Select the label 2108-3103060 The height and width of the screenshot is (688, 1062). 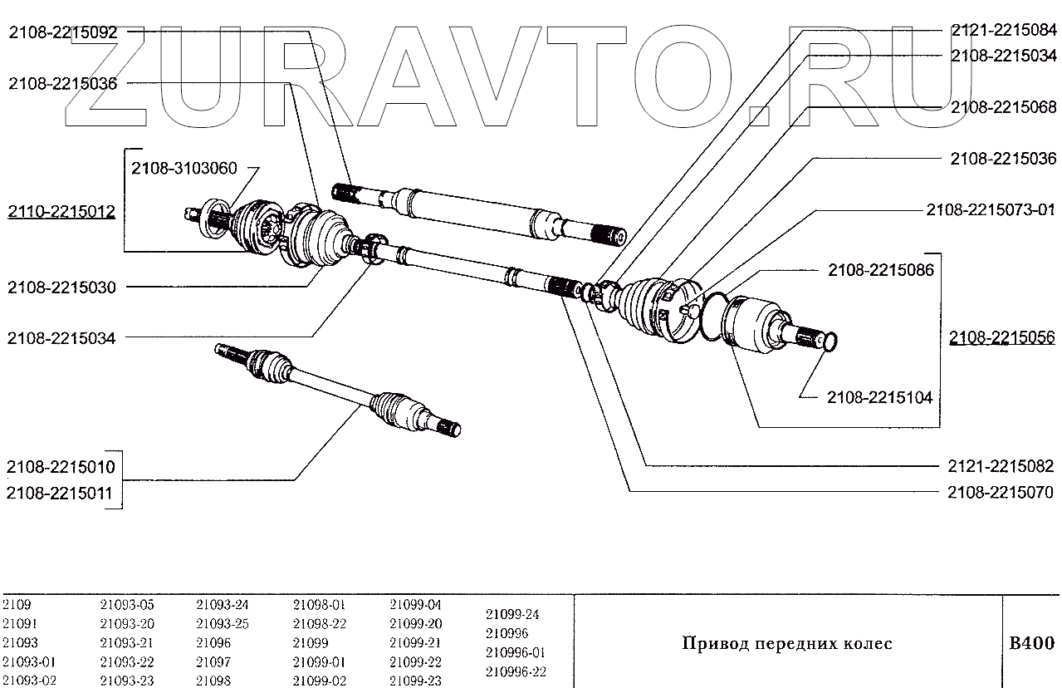(x=184, y=169)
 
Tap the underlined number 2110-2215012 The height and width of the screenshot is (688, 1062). (x=61, y=212)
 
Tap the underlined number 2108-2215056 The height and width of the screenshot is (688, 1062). (x=1002, y=337)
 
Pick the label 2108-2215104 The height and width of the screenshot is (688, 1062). (x=879, y=398)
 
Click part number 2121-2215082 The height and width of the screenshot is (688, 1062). (x=1001, y=466)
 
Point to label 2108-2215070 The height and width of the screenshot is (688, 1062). (x=1001, y=492)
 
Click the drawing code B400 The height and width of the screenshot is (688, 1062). (x=1031, y=643)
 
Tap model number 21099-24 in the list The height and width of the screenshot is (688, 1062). (x=512, y=616)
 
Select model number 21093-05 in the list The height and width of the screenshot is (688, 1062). (x=127, y=605)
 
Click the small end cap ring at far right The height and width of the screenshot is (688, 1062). (x=830, y=341)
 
